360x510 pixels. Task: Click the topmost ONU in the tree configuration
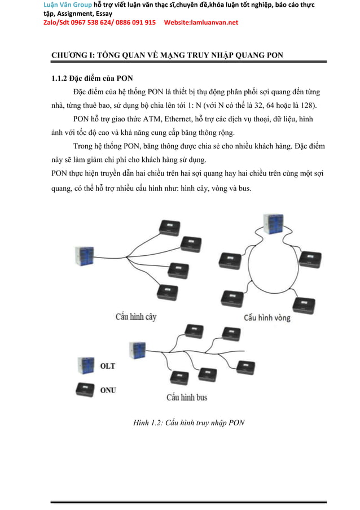pyautogui.click(x=169, y=226)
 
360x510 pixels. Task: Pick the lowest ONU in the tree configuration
pyautogui.click(x=167, y=291)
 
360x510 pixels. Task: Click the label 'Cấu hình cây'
pyautogui.click(x=136, y=317)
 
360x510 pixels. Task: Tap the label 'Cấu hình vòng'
pyautogui.click(x=267, y=317)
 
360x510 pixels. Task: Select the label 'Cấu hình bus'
pyautogui.click(x=186, y=397)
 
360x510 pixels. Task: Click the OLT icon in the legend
pyautogui.click(x=86, y=365)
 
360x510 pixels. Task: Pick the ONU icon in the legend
pyautogui.click(x=86, y=389)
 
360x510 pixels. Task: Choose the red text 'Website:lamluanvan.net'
pyautogui.click(x=201, y=23)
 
